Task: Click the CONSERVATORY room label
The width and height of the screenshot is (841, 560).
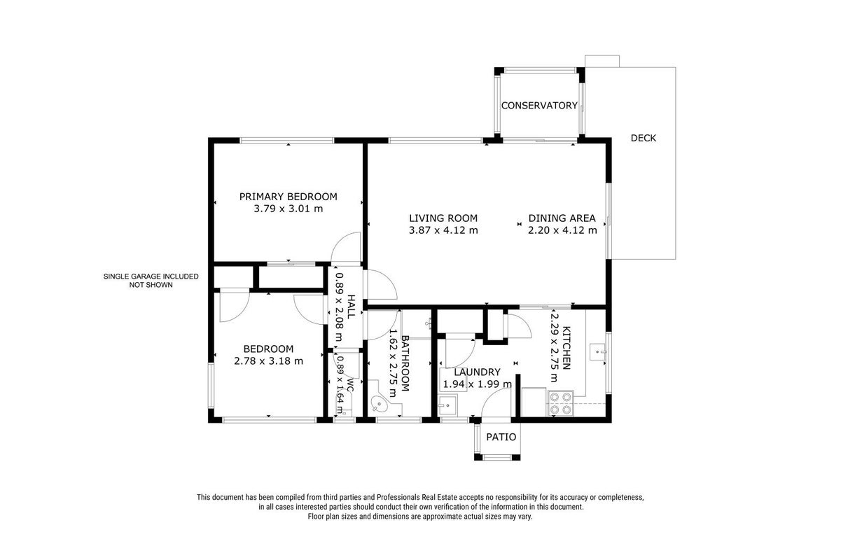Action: click(539, 106)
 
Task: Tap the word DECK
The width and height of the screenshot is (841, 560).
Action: click(643, 138)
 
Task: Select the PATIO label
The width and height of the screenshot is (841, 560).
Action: click(501, 437)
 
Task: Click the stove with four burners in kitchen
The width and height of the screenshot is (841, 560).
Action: click(560, 403)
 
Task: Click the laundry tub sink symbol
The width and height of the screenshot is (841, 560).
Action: click(447, 405)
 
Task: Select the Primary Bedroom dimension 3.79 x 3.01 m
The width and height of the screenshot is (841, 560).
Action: click(288, 209)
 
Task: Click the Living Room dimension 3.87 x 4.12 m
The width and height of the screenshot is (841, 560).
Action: click(443, 230)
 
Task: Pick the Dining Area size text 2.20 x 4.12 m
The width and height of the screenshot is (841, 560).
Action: click(562, 230)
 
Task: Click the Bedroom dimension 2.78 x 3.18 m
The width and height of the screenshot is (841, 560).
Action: click(268, 361)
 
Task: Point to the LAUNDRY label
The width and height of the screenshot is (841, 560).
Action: click(477, 372)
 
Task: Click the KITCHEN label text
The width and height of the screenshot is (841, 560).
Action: click(567, 348)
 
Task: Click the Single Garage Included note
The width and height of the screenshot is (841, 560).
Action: click(151, 281)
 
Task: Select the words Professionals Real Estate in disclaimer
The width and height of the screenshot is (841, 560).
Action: click(417, 497)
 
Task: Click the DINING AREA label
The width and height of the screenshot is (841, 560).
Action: click(562, 218)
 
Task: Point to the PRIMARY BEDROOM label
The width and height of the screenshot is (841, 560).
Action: click(288, 197)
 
